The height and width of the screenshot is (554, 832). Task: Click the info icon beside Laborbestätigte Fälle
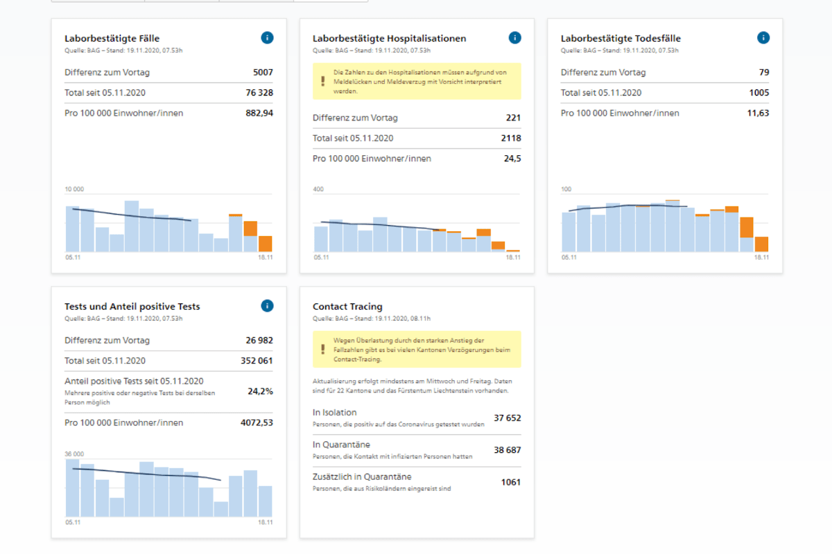[267, 38]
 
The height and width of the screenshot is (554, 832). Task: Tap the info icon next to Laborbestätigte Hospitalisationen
[514, 38]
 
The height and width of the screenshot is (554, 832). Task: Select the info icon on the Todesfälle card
[763, 38]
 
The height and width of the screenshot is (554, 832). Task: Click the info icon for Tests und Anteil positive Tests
[267, 306]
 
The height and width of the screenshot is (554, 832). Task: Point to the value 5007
[263, 72]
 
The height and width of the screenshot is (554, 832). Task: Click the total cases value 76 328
[259, 93]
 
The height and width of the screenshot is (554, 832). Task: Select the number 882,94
[259, 113]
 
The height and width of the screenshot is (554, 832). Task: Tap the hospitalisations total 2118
[511, 138]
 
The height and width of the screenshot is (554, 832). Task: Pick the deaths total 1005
[759, 93]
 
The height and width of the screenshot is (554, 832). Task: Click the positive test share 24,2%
[261, 391]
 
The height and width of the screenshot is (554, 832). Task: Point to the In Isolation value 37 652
[508, 418]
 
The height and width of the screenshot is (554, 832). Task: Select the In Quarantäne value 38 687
[508, 450]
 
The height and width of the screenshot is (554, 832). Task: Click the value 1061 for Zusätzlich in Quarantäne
[511, 483]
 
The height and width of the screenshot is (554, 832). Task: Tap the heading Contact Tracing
[347, 307]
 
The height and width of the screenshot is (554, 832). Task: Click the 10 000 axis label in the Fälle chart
[74, 189]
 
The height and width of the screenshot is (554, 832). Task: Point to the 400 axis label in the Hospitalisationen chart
[318, 189]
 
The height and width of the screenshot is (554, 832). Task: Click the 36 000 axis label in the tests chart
[74, 454]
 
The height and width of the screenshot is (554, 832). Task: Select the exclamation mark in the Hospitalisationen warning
[323, 81]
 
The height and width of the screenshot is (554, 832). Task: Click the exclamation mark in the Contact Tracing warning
[323, 349]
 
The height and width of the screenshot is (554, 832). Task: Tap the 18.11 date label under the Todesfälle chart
[761, 258]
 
